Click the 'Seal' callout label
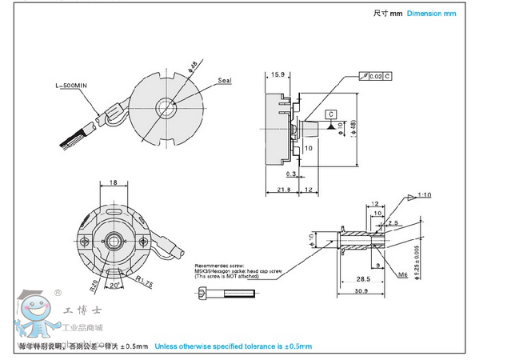(225, 81)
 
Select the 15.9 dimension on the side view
(277, 74)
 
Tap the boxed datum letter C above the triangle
(331, 114)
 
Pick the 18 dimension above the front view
(114, 183)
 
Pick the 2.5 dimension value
(393, 223)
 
